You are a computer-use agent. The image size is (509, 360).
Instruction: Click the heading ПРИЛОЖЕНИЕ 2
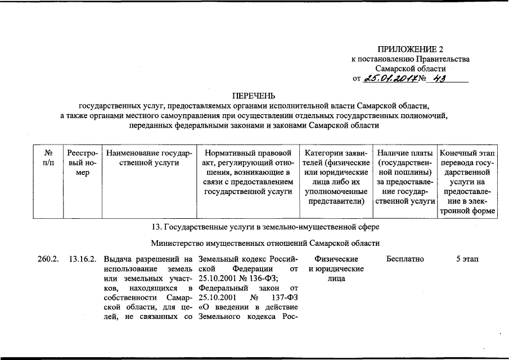(x=409, y=49)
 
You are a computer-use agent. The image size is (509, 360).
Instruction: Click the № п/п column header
(x=48, y=157)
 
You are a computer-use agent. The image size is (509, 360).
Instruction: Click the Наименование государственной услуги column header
(x=149, y=157)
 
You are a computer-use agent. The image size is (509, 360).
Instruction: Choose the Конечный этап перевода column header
(x=467, y=181)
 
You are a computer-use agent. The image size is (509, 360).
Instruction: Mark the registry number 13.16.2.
(x=83, y=259)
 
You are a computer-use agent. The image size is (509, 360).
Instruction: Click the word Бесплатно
(x=405, y=259)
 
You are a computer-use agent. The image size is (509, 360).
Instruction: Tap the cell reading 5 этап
(x=467, y=259)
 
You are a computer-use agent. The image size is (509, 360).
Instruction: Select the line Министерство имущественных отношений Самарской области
(x=265, y=243)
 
